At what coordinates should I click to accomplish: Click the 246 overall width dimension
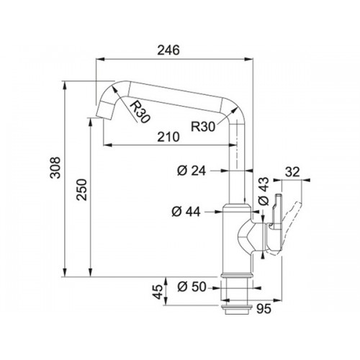(168, 50)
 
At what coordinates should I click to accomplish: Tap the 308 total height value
(55, 168)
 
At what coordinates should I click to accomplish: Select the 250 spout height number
(81, 189)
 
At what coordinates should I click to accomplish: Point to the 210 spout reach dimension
(168, 137)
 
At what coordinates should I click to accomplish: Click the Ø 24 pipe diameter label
(192, 171)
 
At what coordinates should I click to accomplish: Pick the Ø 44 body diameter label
(186, 212)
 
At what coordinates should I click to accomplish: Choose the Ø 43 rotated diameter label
(264, 191)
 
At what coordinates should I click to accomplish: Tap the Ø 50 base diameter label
(192, 287)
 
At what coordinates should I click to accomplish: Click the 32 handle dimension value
(292, 172)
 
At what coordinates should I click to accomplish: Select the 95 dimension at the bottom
(264, 309)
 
